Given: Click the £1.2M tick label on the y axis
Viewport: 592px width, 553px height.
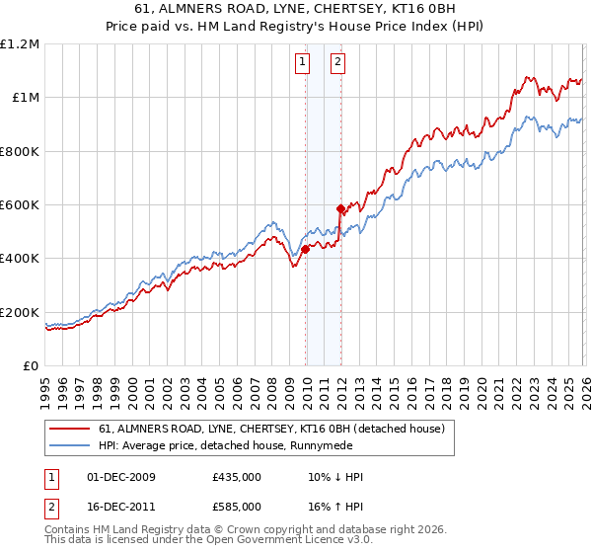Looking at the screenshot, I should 20,44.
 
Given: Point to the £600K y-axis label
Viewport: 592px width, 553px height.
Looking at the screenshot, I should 20,205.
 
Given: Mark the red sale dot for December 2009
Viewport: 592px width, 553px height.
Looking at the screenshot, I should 305,250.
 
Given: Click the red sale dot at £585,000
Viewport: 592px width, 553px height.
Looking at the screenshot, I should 340,209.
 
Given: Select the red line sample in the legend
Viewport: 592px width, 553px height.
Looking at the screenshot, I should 71,430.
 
